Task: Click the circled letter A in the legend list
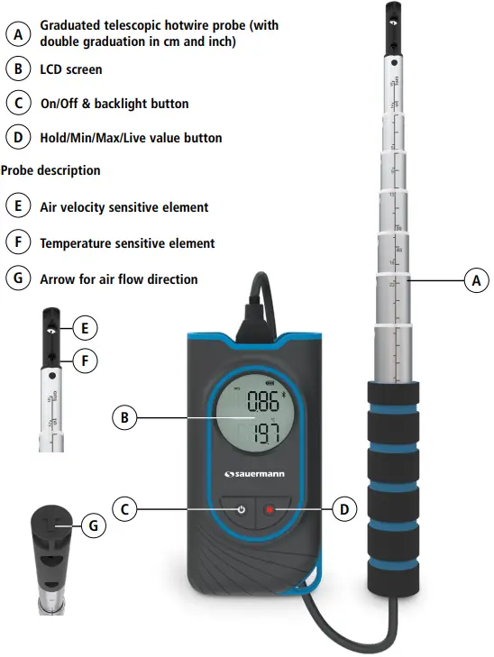(x=17, y=34)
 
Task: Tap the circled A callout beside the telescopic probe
(x=476, y=281)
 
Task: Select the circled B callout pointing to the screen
(x=125, y=417)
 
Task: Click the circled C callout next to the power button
(x=125, y=509)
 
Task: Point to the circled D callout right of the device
(x=343, y=509)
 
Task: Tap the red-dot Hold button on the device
(x=269, y=510)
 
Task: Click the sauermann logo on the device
(x=256, y=473)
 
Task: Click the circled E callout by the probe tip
(x=83, y=328)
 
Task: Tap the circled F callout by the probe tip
(x=83, y=361)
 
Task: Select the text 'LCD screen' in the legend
(x=71, y=69)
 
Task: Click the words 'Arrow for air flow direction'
(x=119, y=279)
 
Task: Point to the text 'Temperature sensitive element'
(x=127, y=243)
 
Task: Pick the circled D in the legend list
(x=17, y=138)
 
